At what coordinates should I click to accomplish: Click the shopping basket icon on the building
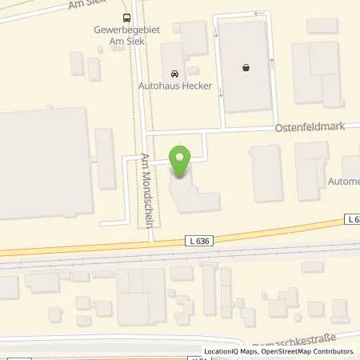246,68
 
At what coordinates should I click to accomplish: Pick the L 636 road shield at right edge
353,218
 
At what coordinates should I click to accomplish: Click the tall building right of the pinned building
266,173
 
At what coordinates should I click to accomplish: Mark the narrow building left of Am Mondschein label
106,158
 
